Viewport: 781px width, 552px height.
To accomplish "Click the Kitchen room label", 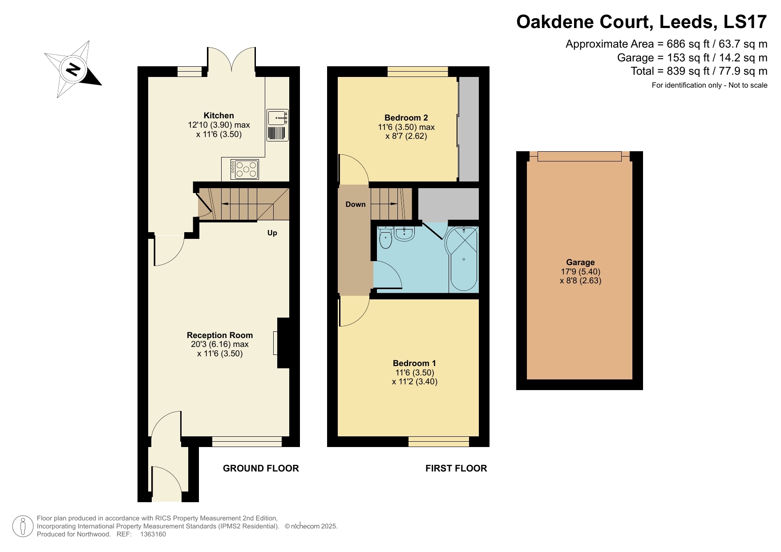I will tap(219, 115).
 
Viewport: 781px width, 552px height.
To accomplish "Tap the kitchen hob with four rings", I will tap(244, 169).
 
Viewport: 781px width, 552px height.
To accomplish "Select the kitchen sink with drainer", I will tap(278, 125).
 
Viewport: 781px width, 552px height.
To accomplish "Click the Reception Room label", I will tap(219, 335).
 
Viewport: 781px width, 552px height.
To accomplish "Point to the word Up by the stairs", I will tap(272, 233).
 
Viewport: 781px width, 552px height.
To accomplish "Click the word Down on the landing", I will tap(355, 204).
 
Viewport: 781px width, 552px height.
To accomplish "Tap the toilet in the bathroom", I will tap(385, 239).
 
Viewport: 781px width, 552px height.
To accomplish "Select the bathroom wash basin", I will tap(405, 234).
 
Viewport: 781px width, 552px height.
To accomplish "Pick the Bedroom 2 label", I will tap(406, 117).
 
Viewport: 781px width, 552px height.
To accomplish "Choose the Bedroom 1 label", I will tap(414, 363).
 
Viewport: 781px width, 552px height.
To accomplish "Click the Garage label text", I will tap(580, 262).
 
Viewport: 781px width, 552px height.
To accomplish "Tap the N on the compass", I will tap(73, 69).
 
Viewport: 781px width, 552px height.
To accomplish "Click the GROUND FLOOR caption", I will tap(261, 468).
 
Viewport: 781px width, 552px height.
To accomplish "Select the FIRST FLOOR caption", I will tap(456, 468).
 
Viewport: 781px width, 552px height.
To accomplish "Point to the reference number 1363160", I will tap(153, 534).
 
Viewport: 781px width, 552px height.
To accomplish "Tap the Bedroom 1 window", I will tap(438, 441).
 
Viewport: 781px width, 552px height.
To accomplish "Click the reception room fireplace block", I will tap(283, 343).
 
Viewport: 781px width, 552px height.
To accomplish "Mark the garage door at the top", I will tap(579, 156).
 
